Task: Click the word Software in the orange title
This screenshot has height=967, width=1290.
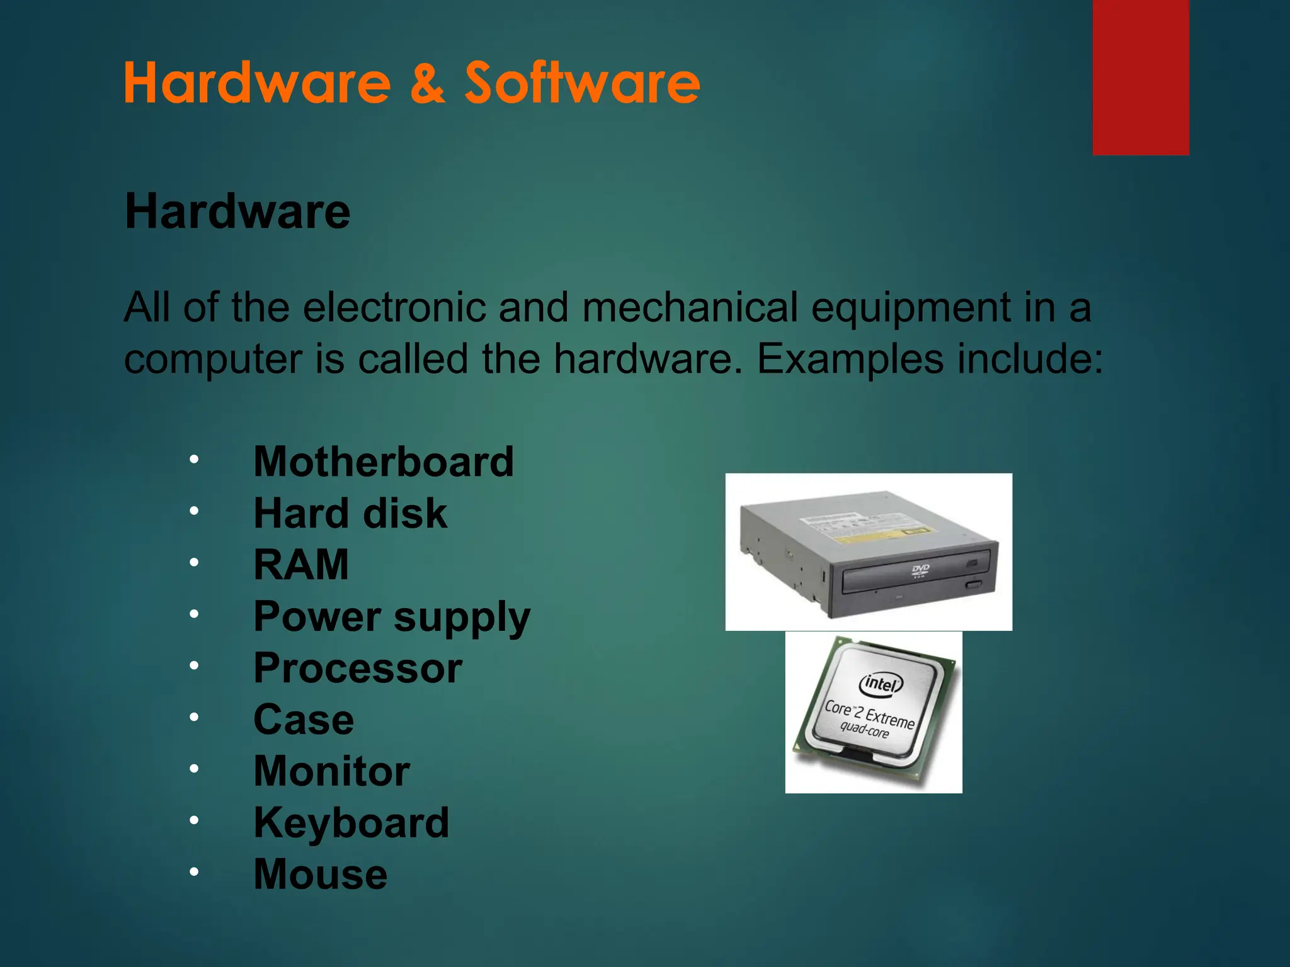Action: pos(582,83)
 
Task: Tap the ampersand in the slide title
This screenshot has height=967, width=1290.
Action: pos(428,84)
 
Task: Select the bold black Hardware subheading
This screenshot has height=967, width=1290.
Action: pos(237,212)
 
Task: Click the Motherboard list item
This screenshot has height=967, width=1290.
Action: pos(384,461)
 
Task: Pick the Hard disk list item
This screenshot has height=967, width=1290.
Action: pos(350,513)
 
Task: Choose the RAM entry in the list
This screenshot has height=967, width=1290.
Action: pos(301,565)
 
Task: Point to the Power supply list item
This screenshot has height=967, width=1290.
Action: pos(392,617)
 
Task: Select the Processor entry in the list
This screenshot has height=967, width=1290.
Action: pos(358,668)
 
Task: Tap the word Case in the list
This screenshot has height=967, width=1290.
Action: pos(304,720)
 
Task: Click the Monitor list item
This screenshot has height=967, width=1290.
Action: pos(332,771)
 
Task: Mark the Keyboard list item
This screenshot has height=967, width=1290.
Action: pos(351,823)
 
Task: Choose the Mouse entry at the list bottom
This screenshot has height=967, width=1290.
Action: pos(321,874)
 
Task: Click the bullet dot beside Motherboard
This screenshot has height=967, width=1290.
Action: pos(194,459)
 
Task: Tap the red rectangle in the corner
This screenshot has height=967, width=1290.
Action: pos(1141,77)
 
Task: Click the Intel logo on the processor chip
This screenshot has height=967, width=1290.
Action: pos(881,683)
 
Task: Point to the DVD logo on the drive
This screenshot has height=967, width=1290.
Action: pos(920,570)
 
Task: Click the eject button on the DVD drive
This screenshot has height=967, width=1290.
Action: pos(974,585)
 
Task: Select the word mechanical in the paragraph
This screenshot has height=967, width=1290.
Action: pos(690,308)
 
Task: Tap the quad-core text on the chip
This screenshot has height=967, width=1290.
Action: pos(864,730)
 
